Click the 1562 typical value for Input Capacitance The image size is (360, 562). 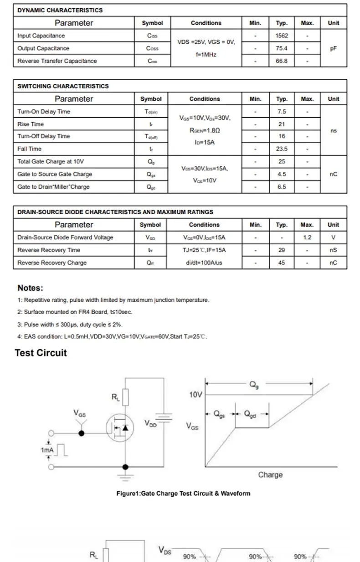[282, 36]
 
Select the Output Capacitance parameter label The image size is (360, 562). [43, 48]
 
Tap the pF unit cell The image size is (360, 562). [333, 48]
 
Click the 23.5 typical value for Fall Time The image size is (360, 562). [282, 149]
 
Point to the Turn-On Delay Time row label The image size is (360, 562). [44, 112]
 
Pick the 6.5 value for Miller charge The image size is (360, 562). [282, 187]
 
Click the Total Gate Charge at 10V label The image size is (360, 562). [51, 161]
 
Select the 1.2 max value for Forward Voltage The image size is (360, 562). [307, 237]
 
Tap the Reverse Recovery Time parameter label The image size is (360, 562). [49, 250]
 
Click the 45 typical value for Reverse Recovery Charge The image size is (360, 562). [282, 263]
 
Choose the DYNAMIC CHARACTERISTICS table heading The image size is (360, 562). [60, 10]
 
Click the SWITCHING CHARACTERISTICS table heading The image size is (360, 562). [63, 86]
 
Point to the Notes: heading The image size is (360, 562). [30, 288]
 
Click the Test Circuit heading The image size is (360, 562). [41, 353]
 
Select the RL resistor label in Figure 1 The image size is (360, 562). [116, 397]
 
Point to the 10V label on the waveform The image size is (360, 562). [195, 395]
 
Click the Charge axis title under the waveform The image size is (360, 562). [270, 475]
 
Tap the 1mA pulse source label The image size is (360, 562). [47, 450]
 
